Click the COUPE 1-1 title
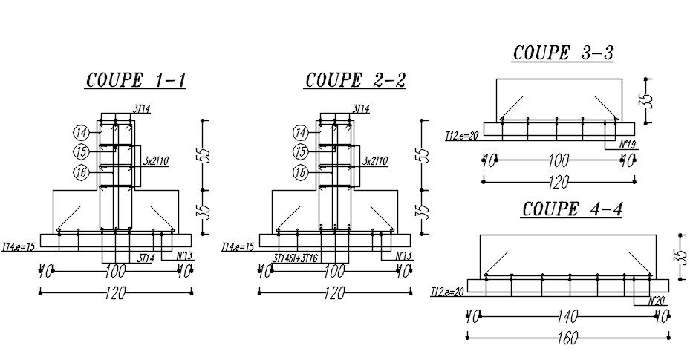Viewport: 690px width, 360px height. coord(136,80)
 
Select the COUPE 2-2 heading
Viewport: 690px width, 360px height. coord(355,80)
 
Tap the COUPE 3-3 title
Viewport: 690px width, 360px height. coord(562,53)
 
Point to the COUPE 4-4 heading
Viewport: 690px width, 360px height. coord(572,209)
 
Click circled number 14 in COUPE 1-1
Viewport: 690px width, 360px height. coord(81,133)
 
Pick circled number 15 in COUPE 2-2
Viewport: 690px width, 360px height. coord(301,152)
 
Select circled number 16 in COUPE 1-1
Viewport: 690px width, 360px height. coord(81,172)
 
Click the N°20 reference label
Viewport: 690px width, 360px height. coord(655,301)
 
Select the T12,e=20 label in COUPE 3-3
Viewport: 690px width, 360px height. coord(460,136)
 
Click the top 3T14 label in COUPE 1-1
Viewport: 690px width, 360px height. coord(141,109)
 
